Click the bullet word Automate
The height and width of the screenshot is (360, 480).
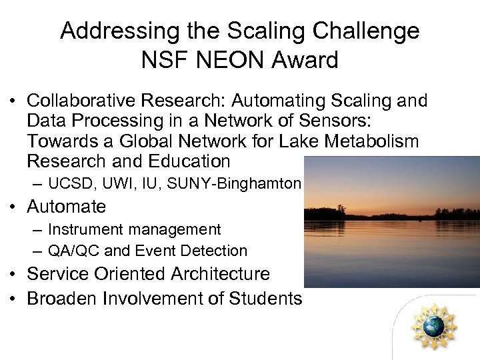tap(67, 206)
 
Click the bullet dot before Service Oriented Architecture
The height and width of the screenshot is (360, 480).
tap(13, 275)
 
